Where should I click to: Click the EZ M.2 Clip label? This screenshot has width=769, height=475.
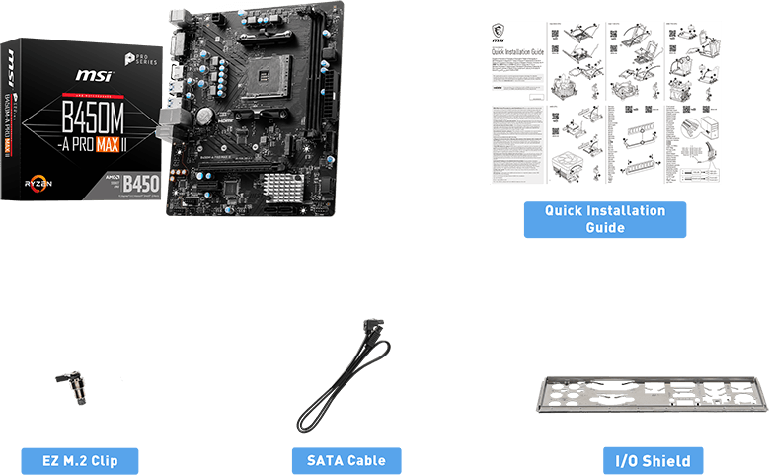[x=80, y=460]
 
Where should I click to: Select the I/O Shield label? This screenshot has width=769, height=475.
[x=653, y=460]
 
